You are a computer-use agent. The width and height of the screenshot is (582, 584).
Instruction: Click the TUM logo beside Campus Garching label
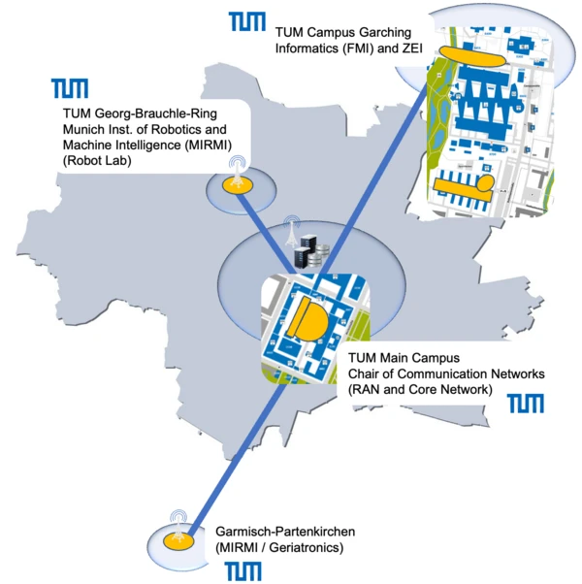tap(247, 21)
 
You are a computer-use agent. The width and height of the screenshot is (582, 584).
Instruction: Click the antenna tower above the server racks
tap(293, 231)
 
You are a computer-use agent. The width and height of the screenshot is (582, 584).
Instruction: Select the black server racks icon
tap(307, 254)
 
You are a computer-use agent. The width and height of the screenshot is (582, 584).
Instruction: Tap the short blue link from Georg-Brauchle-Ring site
tap(268, 224)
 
